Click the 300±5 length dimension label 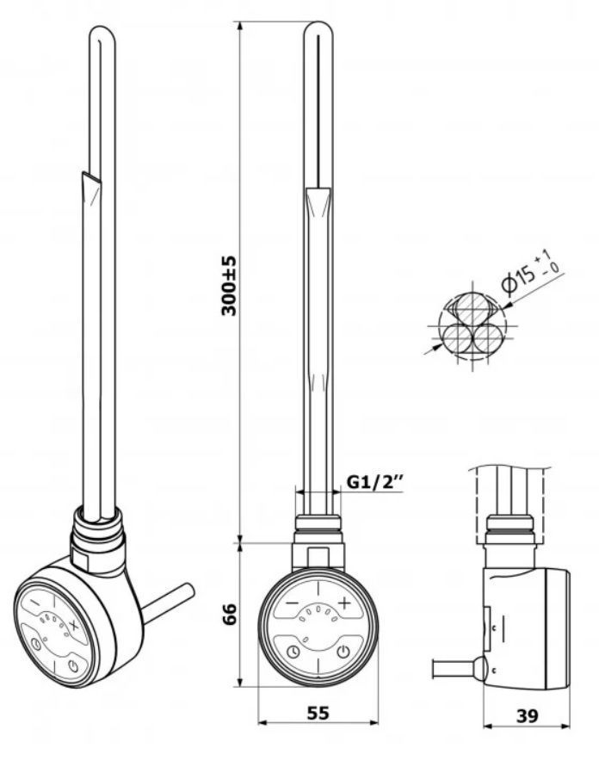coord(229,286)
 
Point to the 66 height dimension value coord(229,614)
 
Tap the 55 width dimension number coord(318,713)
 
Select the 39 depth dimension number coord(527,716)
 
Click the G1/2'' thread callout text coord(375,481)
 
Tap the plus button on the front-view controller coord(343,603)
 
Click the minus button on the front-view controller coord(293,603)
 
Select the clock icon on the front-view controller coord(293,652)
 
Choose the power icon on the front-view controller coord(343,652)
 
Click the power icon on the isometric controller coord(73,666)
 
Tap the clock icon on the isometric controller coord(35,645)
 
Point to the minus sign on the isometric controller coord(35,603)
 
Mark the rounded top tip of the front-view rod coord(318,23)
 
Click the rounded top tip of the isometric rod coord(102,29)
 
